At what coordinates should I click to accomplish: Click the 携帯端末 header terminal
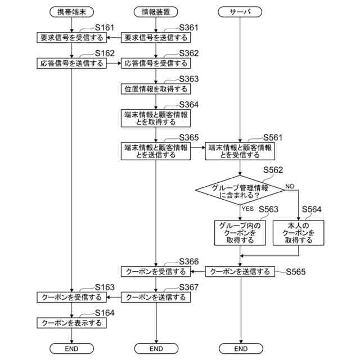(71, 11)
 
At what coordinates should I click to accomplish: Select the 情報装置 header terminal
(156, 11)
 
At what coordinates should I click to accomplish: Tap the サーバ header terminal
(240, 11)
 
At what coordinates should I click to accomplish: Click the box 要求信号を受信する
(71, 38)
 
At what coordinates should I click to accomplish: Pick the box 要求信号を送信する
(156, 38)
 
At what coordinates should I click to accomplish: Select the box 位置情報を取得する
(156, 88)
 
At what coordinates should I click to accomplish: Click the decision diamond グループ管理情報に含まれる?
(240, 191)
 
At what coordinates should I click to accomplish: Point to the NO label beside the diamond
(290, 186)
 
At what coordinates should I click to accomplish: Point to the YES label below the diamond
(248, 209)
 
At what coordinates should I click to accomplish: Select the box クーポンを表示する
(71, 323)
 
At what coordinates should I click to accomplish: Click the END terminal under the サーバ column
(240, 349)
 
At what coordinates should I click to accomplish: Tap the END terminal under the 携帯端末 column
(71, 349)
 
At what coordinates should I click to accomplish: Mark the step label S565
(296, 272)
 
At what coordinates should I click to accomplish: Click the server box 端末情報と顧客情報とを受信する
(240, 151)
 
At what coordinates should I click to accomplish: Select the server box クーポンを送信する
(240, 272)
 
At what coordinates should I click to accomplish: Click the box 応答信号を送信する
(71, 63)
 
